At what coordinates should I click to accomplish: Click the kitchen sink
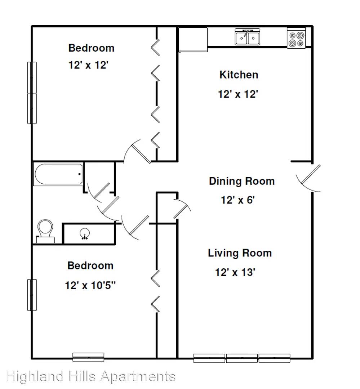(248, 37)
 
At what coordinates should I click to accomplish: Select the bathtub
(58, 174)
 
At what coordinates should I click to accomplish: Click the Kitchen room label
(239, 75)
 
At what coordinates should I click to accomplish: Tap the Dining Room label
(242, 181)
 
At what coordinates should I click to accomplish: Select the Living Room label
(240, 253)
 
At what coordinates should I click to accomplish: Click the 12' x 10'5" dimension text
(90, 285)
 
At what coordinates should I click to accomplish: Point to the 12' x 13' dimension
(235, 272)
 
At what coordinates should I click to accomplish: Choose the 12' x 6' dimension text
(238, 200)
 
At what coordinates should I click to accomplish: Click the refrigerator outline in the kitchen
(193, 40)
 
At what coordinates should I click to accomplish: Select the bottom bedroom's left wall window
(32, 295)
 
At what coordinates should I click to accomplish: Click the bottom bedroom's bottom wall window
(88, 357)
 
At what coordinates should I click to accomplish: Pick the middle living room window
(241, 358)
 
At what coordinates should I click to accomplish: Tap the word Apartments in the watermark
(138, 377)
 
